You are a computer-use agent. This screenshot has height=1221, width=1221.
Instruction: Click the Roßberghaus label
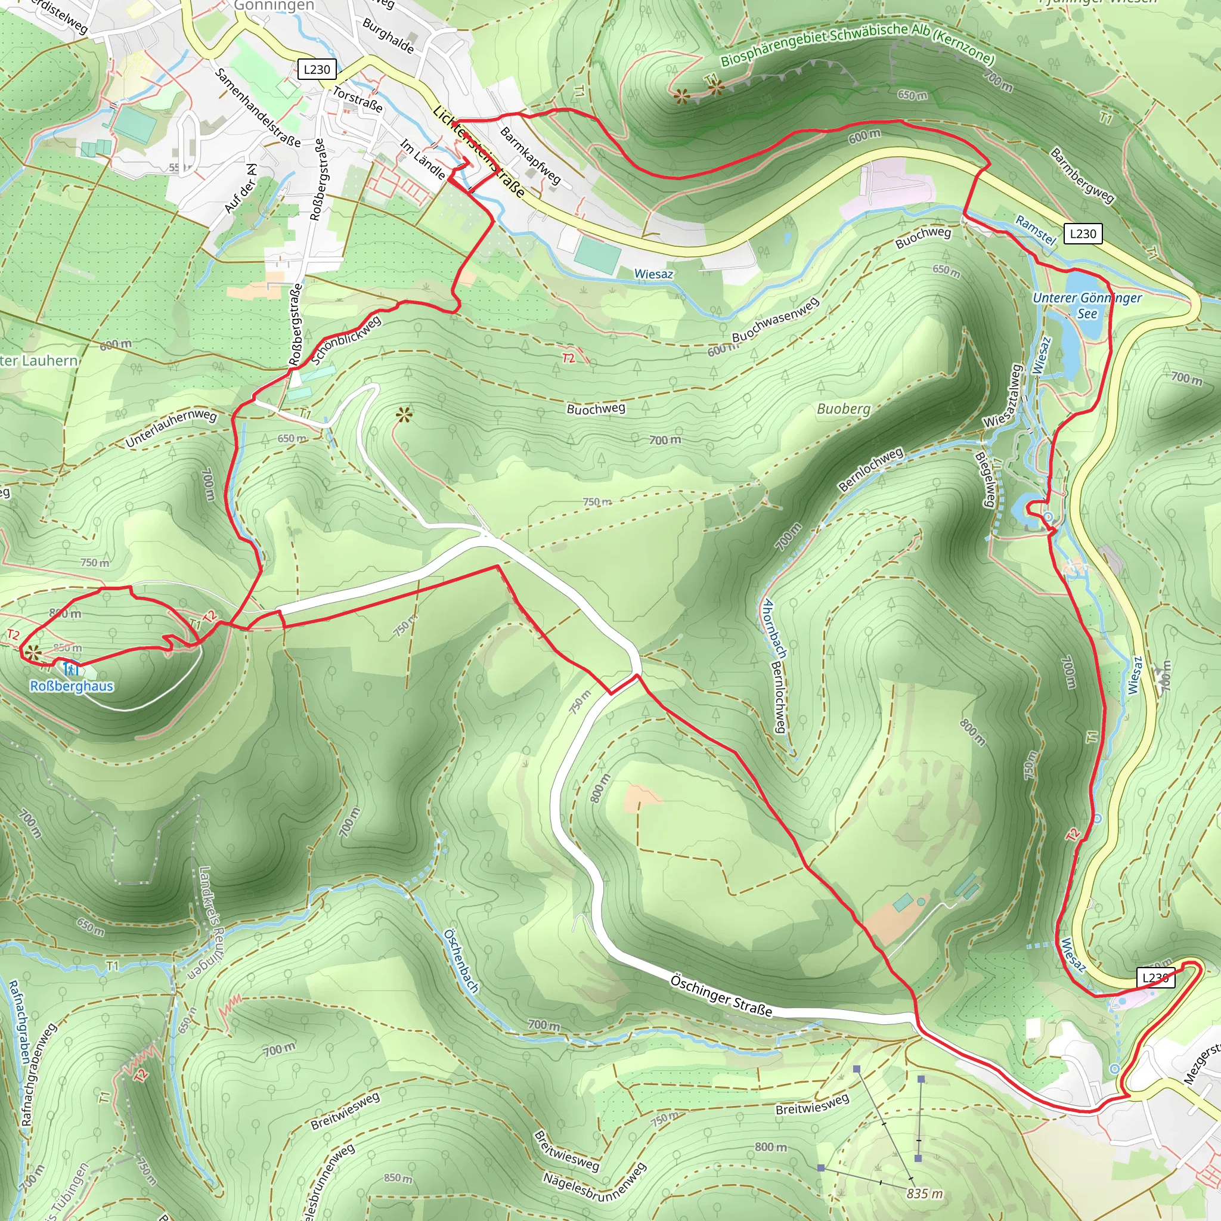[x=72, y=686]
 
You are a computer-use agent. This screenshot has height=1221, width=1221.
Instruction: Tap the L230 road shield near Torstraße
[x=317, y=70]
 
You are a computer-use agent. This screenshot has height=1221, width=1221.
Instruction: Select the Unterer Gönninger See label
[x=1087, y=305]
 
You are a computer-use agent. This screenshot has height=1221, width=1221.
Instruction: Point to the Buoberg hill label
[x=843, y=409]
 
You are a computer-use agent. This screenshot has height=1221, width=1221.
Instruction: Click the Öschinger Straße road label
[x=720, y=996]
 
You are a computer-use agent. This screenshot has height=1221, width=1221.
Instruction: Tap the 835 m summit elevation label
[x=925, y=1193]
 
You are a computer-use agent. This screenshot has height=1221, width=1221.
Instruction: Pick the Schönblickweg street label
[x=346, y=340]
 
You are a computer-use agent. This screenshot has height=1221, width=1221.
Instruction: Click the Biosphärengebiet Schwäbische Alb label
[x=857, y=44]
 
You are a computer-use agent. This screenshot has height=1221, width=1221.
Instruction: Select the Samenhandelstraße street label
[x=257, y=107]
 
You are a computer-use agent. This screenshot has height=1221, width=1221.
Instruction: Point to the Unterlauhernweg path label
[x=171, y=429]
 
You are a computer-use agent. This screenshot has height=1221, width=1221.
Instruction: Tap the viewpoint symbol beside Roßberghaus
[x=33, y=653]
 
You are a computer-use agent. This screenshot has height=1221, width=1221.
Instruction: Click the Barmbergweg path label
[x=1082, y=175]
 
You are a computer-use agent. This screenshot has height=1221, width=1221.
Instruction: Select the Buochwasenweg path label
[x=776, y=319]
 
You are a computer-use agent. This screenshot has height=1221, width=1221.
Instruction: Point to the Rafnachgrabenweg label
[x=39, y=1074]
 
